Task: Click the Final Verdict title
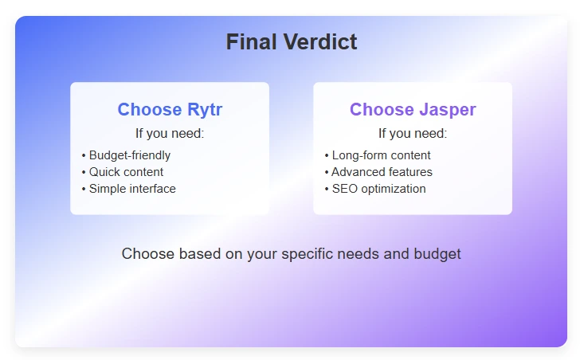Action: click(291, 42)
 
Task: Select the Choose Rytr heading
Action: click(170, 110)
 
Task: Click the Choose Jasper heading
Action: click(412, 110)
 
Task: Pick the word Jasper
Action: click(448, 110)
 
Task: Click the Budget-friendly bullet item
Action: click(129, 155)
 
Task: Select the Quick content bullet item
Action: click(126, 172)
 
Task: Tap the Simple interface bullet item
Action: click(132, 189)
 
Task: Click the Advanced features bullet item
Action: click(382, 172)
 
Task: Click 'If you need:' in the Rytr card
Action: click(170, 133)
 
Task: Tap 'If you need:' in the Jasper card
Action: click(412, 133)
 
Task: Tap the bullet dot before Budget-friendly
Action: click(84, 155)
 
